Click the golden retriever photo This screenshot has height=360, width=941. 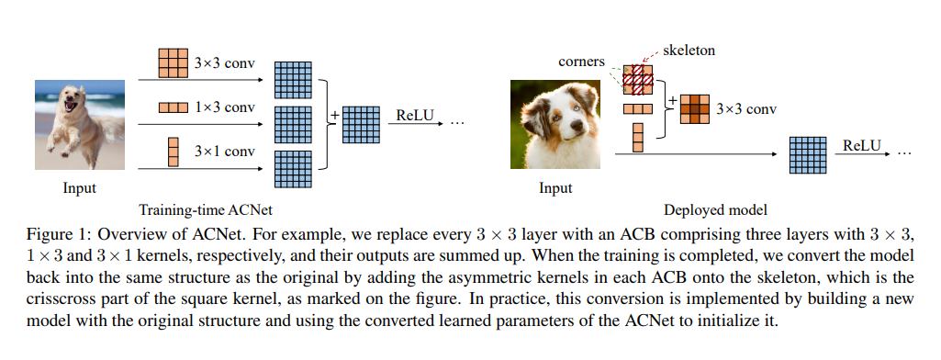pyautogui.click(x=78, y=125)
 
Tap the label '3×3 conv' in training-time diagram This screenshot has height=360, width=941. pyautogui.click(x=225, y=65)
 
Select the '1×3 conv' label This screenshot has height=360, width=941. pyautogui.click(x=225, y=107)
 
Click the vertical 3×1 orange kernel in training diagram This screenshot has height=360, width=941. pyautogui.click(x=173, y=151)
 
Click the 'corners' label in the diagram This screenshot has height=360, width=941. pyautogui.click(x=582, y=62)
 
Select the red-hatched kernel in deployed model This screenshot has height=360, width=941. pyautogui.click(x=637, y=80)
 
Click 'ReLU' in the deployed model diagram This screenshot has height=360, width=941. pyautogui.click(x=862, y=145)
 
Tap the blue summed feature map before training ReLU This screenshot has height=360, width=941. pyautogui.click(x=361, y=124)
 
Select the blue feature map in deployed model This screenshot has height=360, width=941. pyautogui.click(x=808, y=153)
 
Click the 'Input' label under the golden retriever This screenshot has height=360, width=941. pyautogui.click(x=79, y=188)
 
